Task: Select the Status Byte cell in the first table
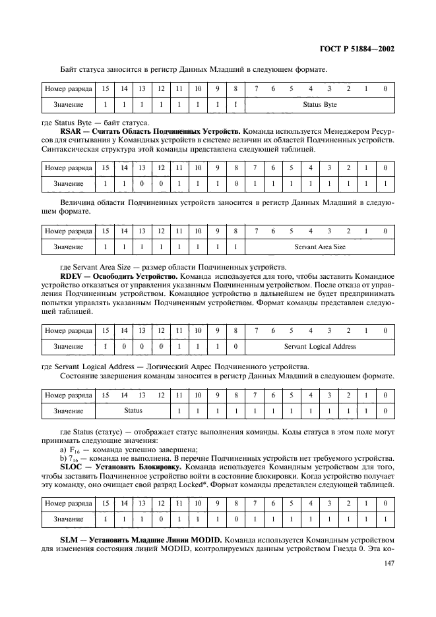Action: coord(319,105)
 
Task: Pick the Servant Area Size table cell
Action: coord(319,247)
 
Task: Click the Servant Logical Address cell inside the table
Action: coord(319,346)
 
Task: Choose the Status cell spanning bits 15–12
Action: coord(133,411)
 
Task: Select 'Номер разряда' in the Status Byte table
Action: coord(68,88)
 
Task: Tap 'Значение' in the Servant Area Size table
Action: coord(68,247)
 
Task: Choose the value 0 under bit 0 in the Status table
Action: coord(385,411)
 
